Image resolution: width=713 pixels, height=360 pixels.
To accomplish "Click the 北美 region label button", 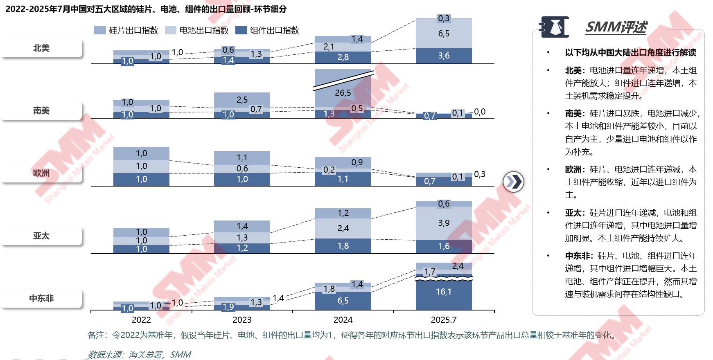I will (41, 48).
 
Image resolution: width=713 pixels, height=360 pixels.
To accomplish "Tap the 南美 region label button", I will (41, 111).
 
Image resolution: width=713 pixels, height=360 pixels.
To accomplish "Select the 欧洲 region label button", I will (41, 173).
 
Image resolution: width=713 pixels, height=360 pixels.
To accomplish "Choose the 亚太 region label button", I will (41, 236).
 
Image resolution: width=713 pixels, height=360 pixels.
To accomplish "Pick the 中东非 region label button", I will (41, 299).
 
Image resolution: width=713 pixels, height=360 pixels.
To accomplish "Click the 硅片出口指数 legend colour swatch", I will (100, 30).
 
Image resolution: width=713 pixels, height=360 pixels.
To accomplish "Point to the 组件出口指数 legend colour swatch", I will (241, 30).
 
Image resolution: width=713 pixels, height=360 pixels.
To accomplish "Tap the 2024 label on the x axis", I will (343, 320).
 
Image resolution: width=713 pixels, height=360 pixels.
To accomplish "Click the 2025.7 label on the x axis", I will (444, 320).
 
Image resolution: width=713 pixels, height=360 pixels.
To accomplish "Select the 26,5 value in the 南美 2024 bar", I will (343, 93).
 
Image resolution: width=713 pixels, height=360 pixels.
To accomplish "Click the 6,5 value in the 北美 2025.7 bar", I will (444, 34).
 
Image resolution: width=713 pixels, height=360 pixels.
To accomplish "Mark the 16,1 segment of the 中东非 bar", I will (444, 292).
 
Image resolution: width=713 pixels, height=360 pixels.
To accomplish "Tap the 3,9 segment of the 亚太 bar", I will (444, 223).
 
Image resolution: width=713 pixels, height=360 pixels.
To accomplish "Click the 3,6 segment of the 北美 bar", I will (444, 56).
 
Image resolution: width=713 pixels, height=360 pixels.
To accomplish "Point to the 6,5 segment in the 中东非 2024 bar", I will (343, 301).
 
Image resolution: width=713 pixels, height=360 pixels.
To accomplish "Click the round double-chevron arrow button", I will (513, 182).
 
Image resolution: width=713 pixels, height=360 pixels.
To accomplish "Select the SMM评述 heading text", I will (616, 27).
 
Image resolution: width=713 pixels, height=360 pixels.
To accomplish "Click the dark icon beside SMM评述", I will (555, 27).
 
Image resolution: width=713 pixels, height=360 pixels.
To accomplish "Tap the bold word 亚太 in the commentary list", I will (573, 213).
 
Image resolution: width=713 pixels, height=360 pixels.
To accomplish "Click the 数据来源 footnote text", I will (140, 354).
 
